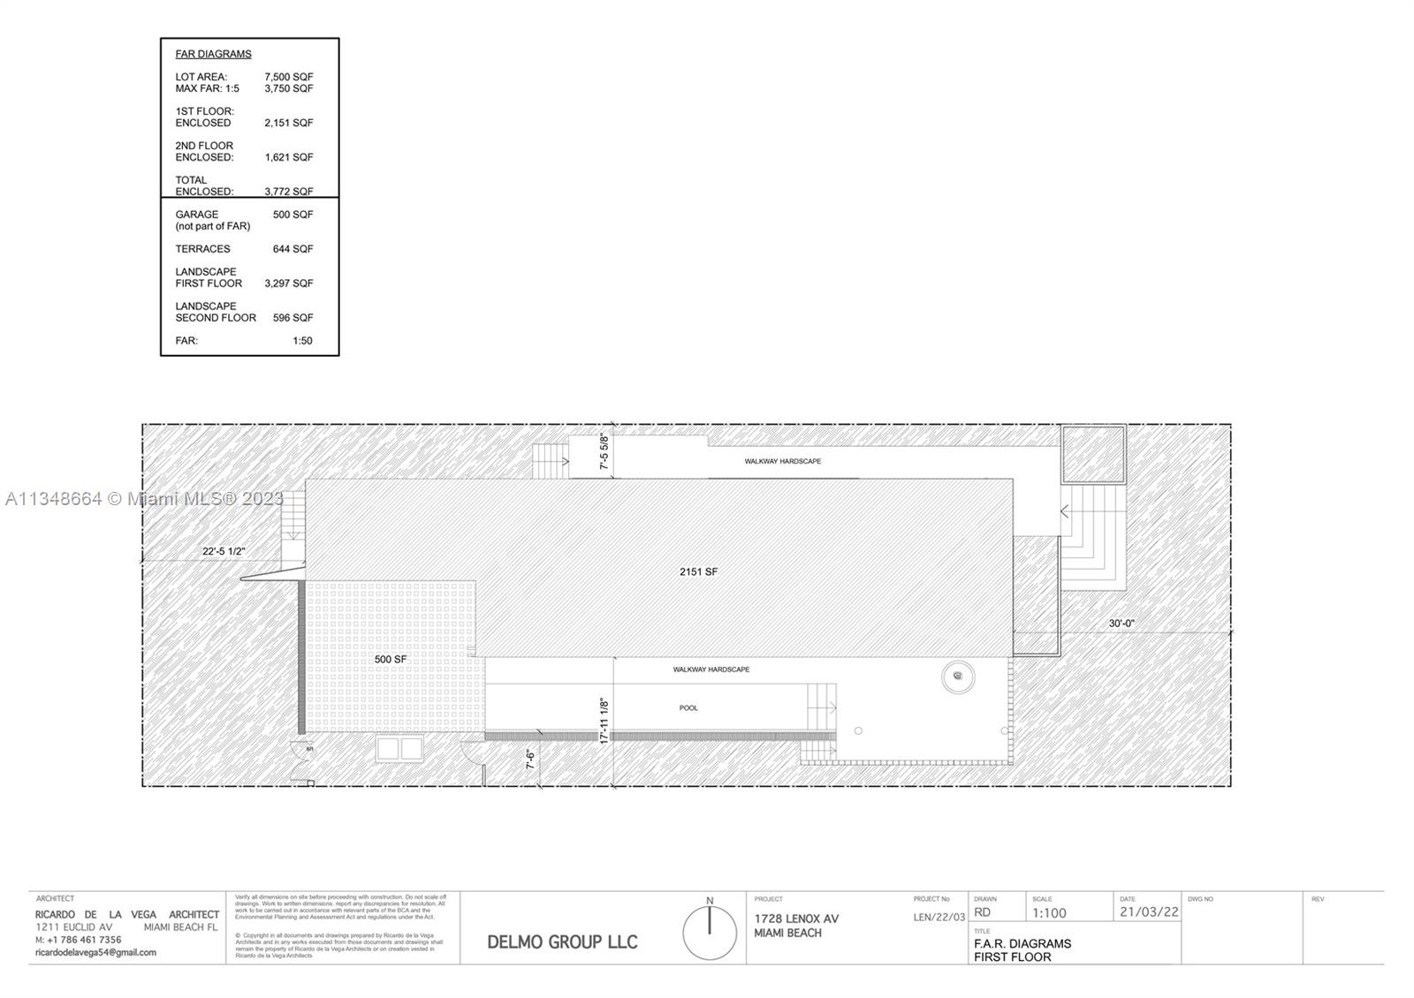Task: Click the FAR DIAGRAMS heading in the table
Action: [x=213, y=54]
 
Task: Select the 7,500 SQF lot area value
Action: [x=288, y=77]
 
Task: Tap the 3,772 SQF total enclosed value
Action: [x=288, y=191]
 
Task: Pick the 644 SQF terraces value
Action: [x=293, y=249]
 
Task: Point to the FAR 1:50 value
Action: [x=302, y=341]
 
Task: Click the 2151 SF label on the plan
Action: [x=698, y=571]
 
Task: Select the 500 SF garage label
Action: [x=391, y=660]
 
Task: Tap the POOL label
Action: [x=688, y=707]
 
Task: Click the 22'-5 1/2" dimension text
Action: [x=224, y=551]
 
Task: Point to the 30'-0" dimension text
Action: [x=1121, y=624]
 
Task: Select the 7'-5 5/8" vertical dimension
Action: [x=605, y=451]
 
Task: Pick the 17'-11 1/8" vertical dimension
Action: [x=605, y=722]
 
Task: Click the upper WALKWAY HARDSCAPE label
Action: [x=782, y=461]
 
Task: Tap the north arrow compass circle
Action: [x=710, y=933]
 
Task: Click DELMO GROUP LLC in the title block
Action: [x=562, y=941]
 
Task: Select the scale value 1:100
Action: [x=1049, y=913]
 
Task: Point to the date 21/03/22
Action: [x=1149, y=912]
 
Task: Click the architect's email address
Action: [x=95, y=952]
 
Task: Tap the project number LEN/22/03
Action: [x=939, y=918]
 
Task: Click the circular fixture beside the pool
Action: [x=957, y=677]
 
